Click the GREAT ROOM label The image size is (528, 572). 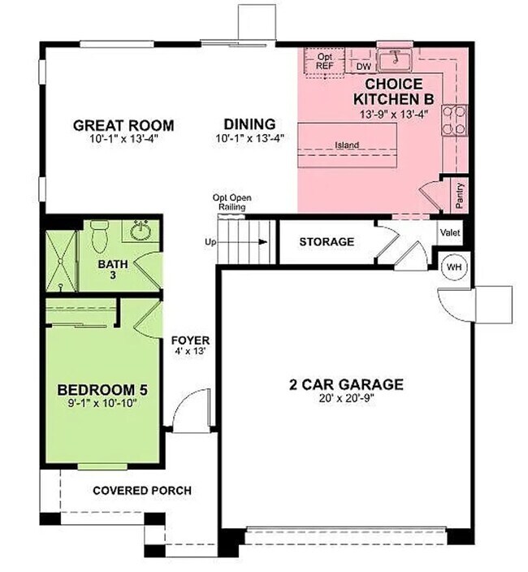click(123, 125)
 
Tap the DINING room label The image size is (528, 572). click(250, 124)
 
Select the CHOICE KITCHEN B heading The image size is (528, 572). click(393, 91)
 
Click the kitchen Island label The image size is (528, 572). click(347, 145)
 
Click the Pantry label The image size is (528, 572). click(459, 196)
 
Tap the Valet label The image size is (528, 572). click(450, 232)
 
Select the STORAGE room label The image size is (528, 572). click(327, 242)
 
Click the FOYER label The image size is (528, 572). click(191, 340)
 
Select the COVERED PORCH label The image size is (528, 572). click(142, 490)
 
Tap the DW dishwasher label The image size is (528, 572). click(364, 67)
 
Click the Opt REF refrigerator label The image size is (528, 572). click(325, 62)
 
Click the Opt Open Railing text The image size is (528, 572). click(231, 202)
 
